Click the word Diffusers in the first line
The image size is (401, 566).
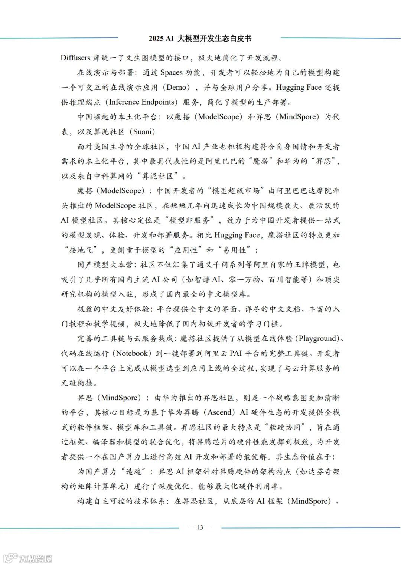(x=75, y=58)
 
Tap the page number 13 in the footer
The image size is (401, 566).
(x=200, y=527)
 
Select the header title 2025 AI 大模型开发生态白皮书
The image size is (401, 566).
(x=200, y=38)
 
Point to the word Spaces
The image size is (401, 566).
(x=172, y=72)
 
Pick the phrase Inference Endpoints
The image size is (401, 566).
(x=141, y=102)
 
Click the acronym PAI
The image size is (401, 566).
(x=236, y=353)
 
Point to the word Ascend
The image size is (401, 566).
(x=221, y=412)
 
